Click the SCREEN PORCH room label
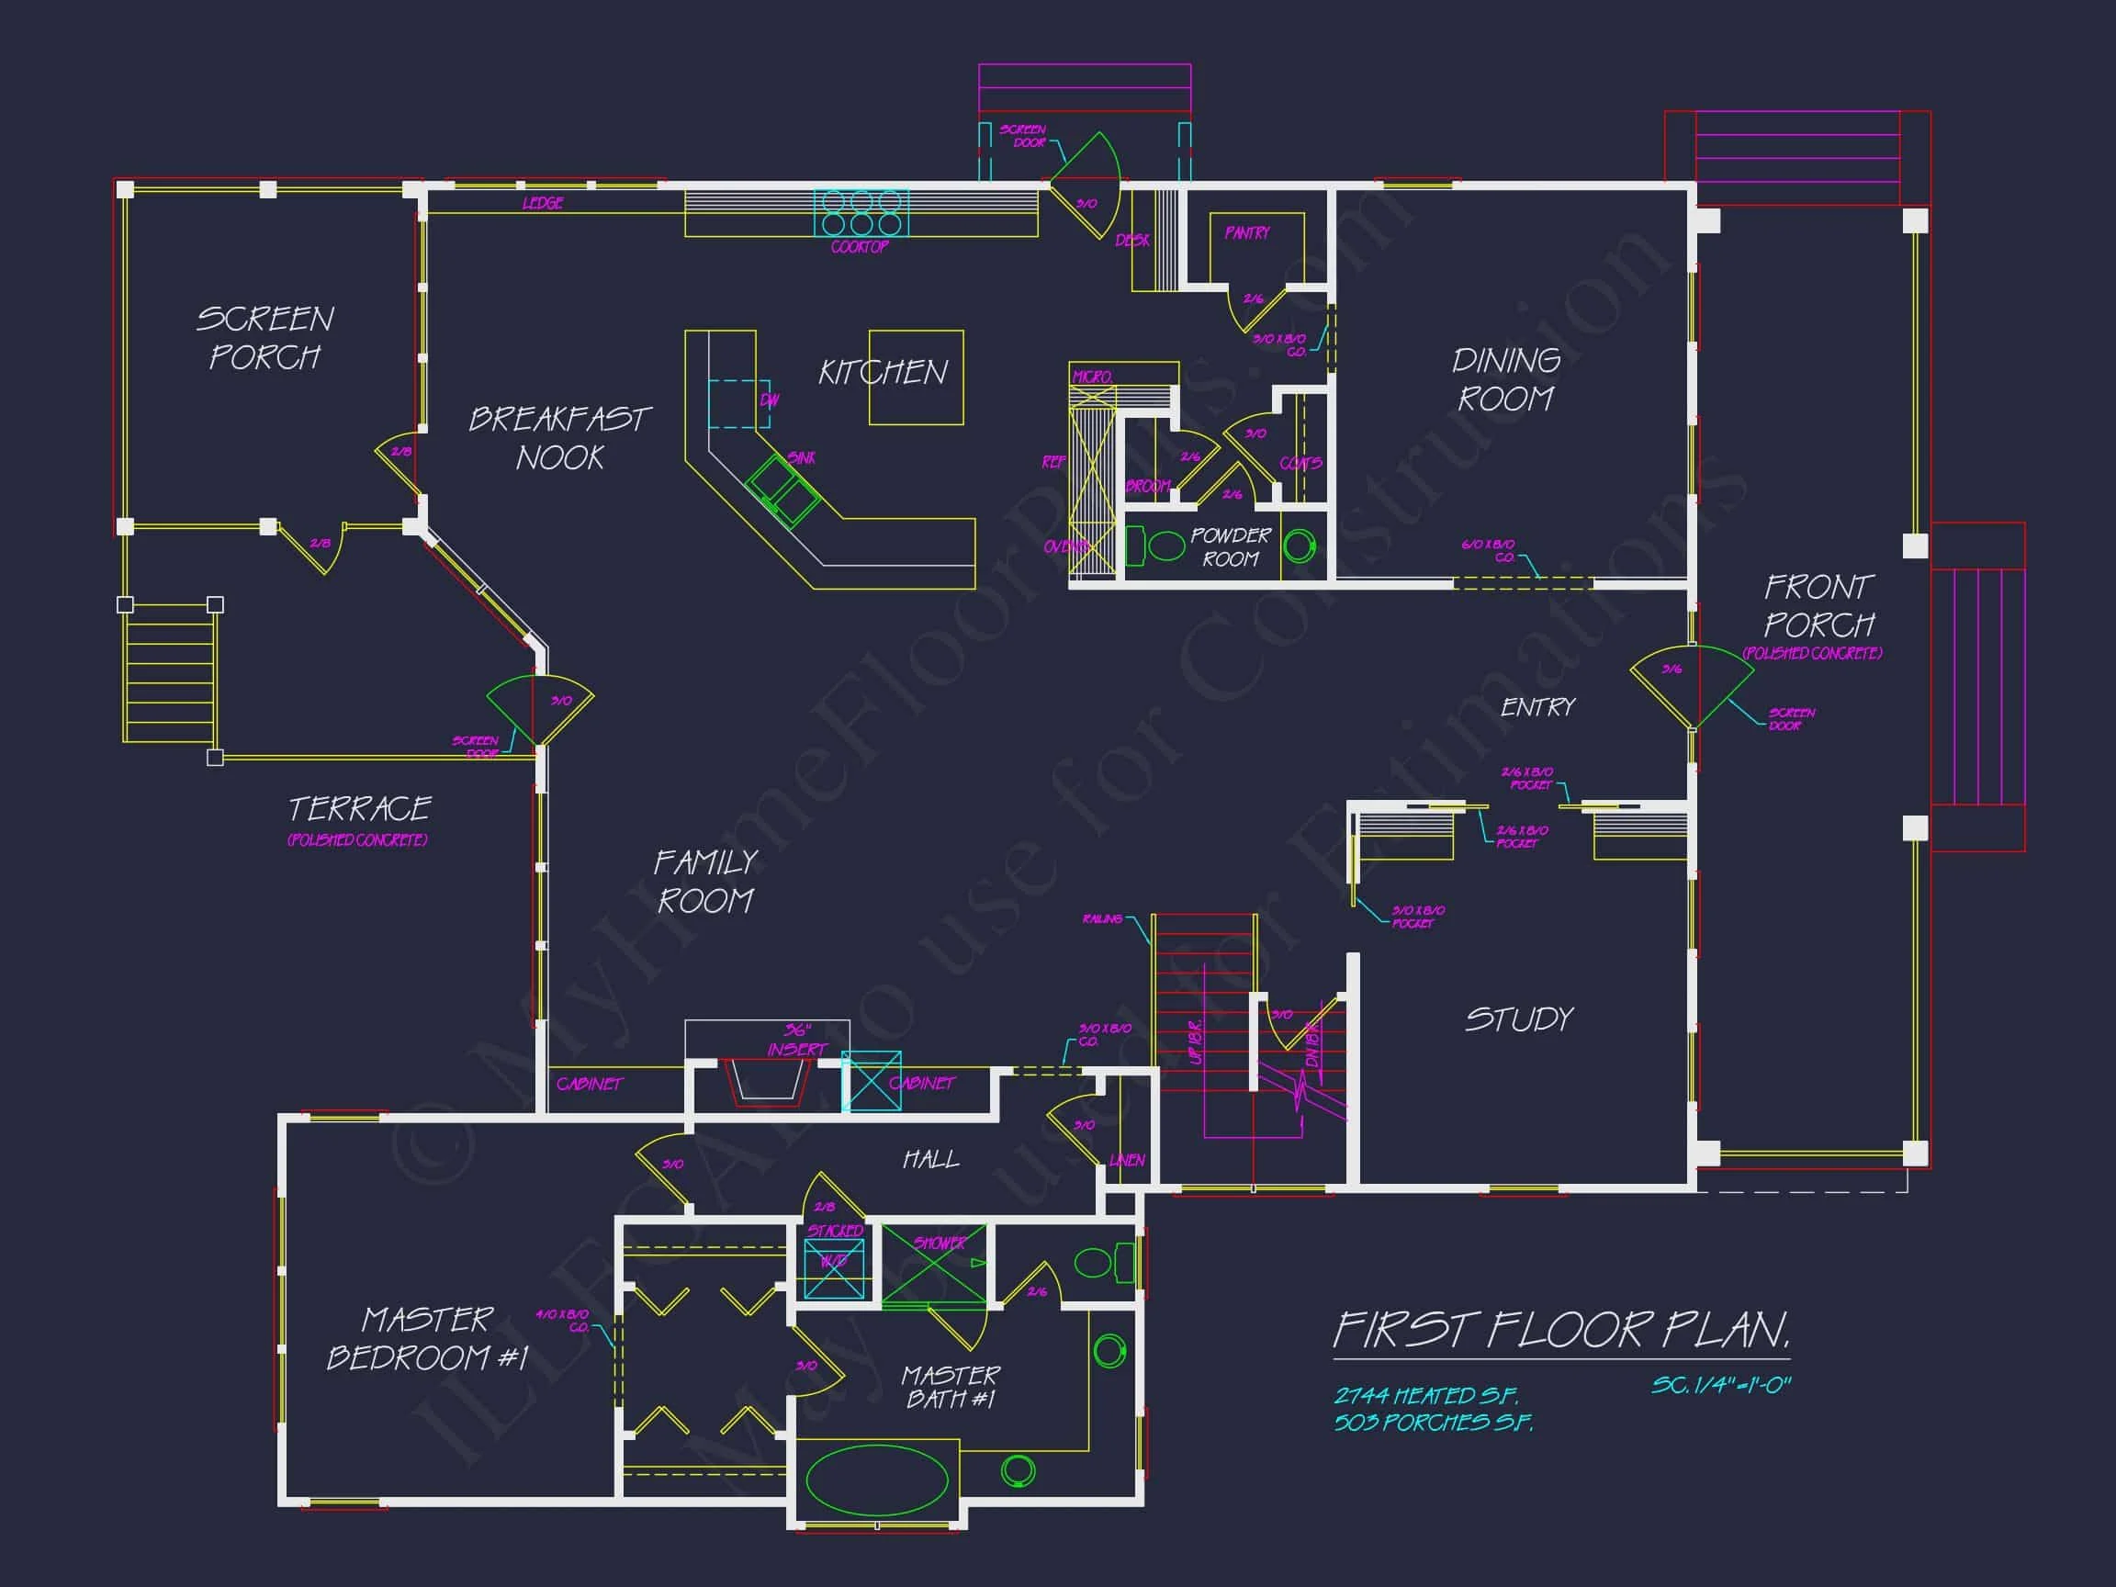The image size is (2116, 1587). click(x=265, y=338)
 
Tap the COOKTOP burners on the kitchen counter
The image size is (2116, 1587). click(x=861, y=212)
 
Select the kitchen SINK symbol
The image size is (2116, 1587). click(x=782, y=490)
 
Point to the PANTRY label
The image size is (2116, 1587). click(x=1246, y=232)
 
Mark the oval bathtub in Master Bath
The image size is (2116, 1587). click(x=876, y=1479)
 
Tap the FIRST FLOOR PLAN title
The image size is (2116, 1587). click(x=1560, y=1330)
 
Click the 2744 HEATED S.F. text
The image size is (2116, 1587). click(x=1425, y=1396)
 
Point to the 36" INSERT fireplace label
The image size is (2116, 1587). click(x=796, y=1040)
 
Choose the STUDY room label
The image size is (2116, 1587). click(x=1519, y=1019)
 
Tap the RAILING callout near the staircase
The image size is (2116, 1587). click(x=1102, y=918)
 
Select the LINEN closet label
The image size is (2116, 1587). click(x=1127, y=1160)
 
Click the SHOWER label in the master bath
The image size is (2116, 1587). click(x=940, y=1243)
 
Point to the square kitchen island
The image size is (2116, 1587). click(x=916, y=377)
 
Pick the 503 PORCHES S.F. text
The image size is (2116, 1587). click(x=1433, y=1423)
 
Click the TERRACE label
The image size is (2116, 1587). click(x=360, y=809)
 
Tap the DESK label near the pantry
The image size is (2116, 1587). click(x=1131, y=240)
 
